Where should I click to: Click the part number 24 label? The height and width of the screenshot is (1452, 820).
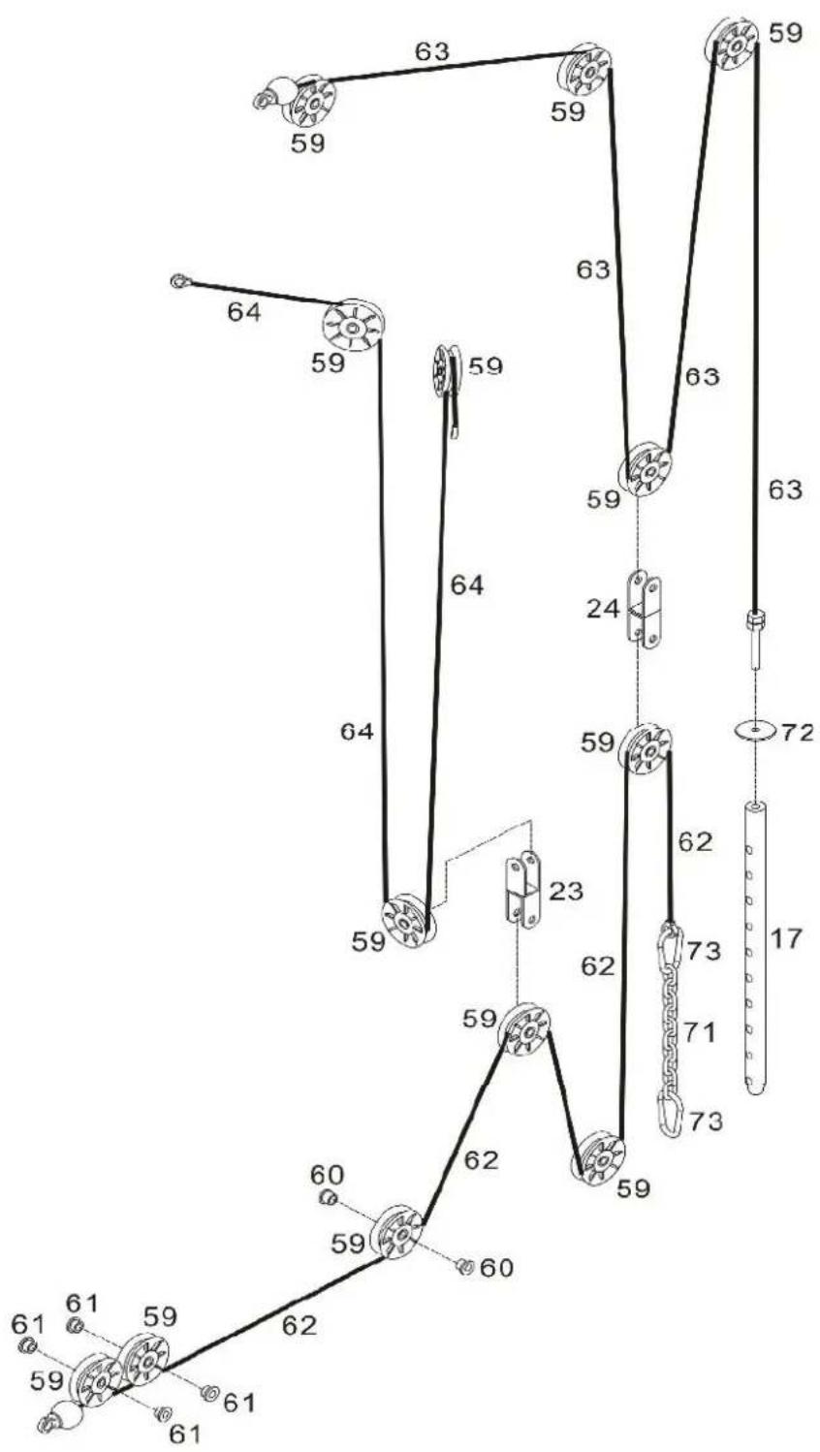pos(603,609)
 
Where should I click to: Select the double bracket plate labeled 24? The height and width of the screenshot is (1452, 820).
pos(645,609)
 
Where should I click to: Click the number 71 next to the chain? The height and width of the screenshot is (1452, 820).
pos(699,1031)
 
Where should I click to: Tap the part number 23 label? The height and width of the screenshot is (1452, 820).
pos(566,891)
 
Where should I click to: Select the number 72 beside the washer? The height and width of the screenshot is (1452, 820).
pos(797,732)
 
